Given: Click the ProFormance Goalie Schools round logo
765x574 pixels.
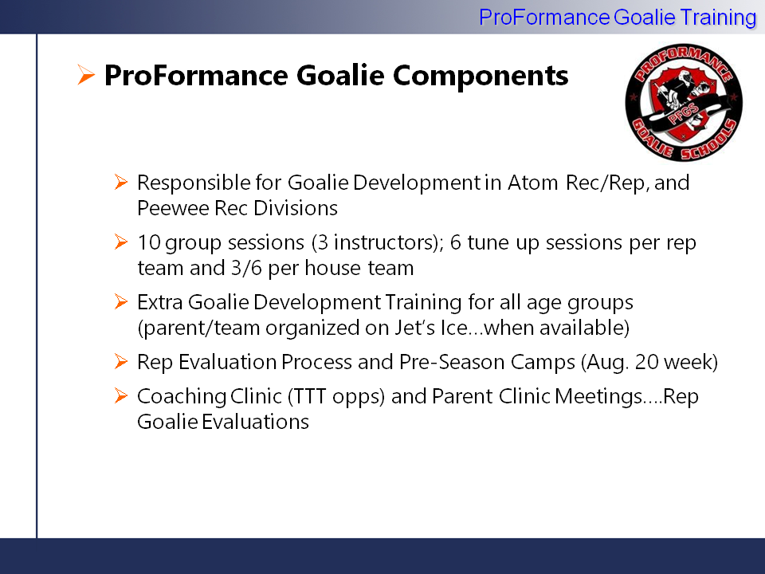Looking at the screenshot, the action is point(684,102).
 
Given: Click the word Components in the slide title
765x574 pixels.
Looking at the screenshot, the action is point(481,76).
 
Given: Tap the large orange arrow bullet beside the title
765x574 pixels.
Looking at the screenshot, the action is point(86,75).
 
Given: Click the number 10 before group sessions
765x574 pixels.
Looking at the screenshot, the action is point(149,242).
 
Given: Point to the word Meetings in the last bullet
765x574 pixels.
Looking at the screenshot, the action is point(599,396).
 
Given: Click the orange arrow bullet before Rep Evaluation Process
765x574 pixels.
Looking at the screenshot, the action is point(120,361).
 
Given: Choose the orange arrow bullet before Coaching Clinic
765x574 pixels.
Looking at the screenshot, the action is point(120,395).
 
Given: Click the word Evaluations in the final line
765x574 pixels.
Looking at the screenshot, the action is point(255,422).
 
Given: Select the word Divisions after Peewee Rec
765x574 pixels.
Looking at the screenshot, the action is point(295,208).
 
